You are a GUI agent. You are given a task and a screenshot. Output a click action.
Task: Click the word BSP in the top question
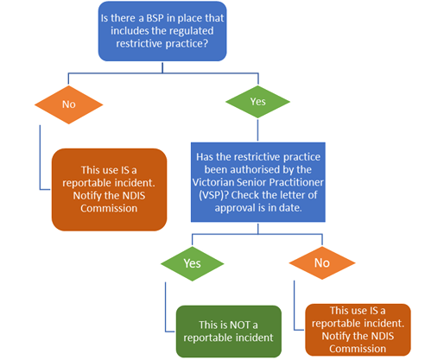(x=155, y=18)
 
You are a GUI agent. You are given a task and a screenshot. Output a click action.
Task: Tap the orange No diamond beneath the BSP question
(x=69, y=104)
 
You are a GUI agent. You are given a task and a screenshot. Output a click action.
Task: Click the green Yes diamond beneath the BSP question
(x=257, y=102)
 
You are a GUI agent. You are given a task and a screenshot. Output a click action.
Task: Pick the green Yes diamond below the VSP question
(x=192, y=263)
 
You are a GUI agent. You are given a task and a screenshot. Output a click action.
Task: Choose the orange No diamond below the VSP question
(x=322, y=262)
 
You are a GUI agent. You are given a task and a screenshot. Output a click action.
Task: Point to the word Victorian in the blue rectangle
(x=212, y=182)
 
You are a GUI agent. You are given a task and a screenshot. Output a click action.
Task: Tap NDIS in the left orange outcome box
(x=134, y=196)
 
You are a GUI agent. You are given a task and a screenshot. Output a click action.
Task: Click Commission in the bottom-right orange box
(x=358, y=349)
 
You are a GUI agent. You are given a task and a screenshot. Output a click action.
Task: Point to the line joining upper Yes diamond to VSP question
(x=257, y=130)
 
